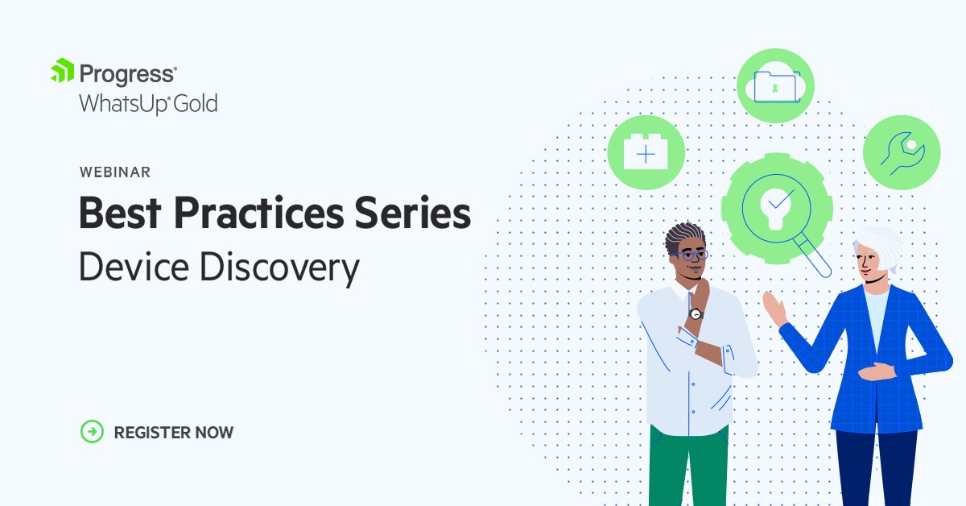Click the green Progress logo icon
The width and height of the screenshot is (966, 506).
tap(63, 72)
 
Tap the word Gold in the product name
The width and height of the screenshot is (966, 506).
tap(197, 104)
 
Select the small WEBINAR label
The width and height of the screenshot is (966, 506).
tap(114, 172)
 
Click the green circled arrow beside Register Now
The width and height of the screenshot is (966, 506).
tap(93, 432)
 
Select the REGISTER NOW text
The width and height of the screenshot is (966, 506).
tap(173, 433)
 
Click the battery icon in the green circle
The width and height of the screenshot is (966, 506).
tap(646, 151)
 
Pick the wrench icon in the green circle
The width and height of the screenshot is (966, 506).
tap(902, 152)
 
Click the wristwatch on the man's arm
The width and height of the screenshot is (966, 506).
tap(696, 313)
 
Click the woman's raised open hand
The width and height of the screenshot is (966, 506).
tap(774, 309)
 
